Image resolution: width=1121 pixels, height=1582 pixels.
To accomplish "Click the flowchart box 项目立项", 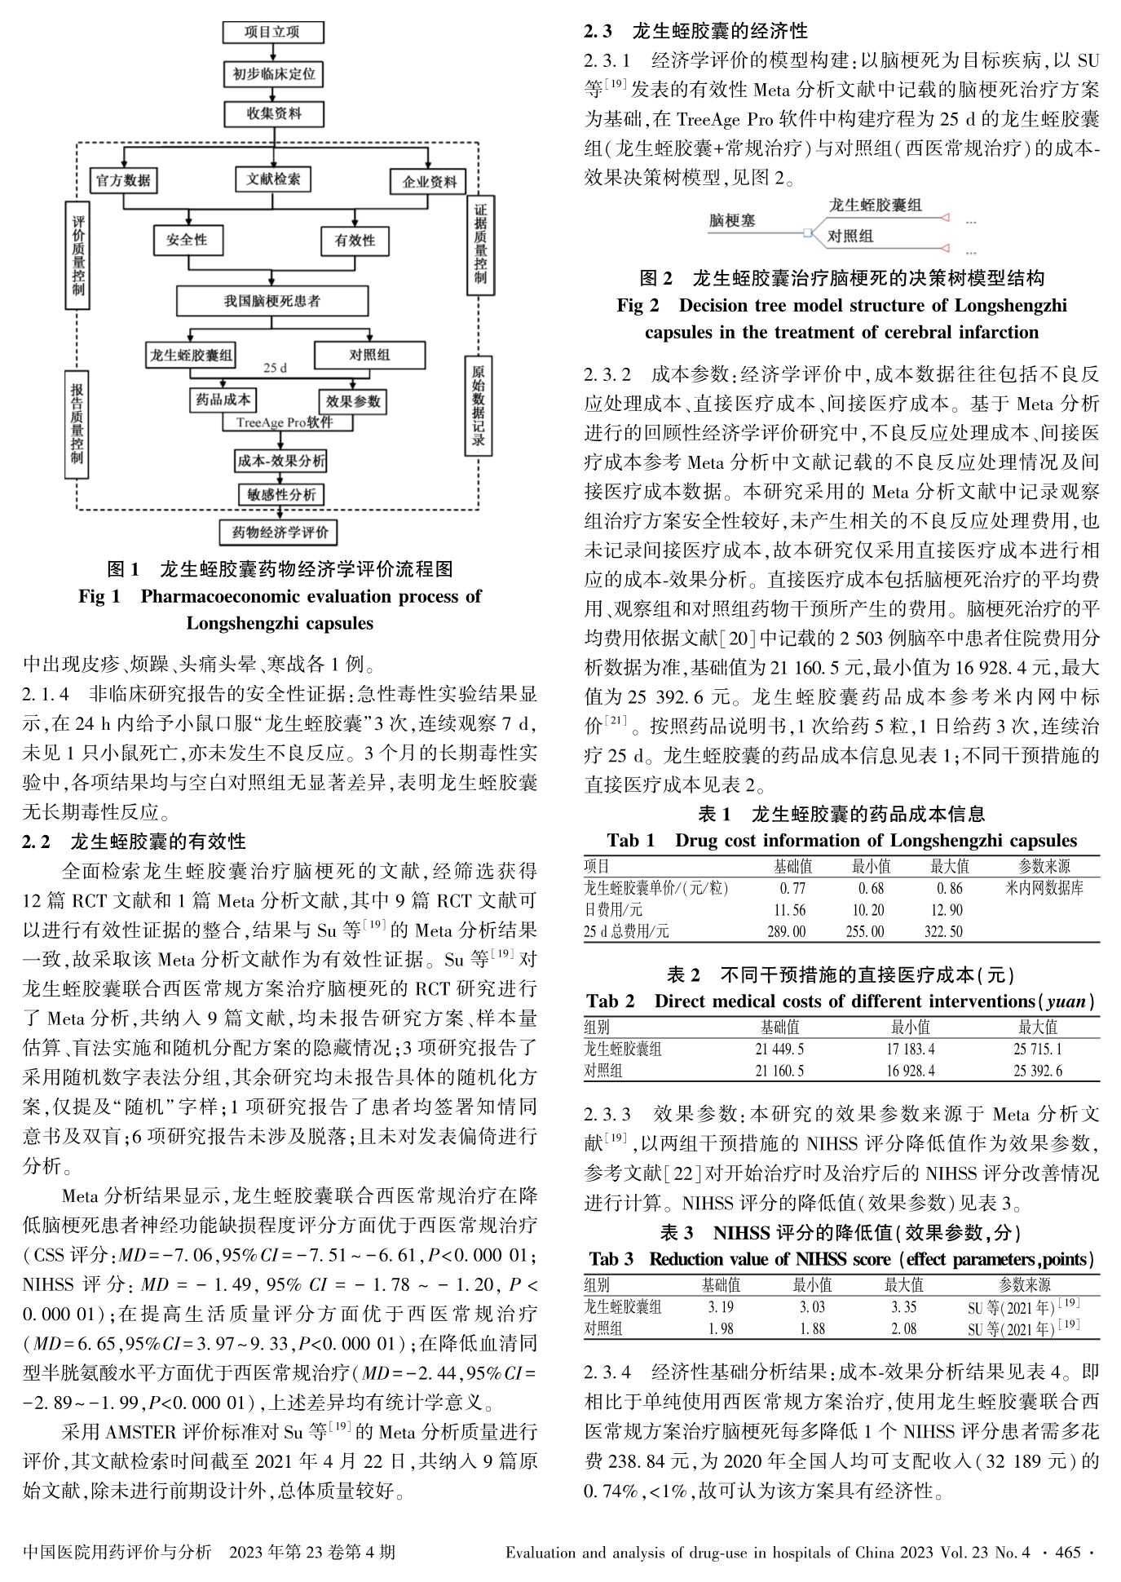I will pos(272,32).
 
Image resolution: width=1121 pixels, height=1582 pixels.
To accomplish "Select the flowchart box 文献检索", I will pos(273,179).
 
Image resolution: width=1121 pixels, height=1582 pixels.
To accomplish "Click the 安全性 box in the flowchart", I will pos(188,240).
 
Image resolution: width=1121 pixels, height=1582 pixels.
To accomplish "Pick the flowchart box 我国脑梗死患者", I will pos(273,301).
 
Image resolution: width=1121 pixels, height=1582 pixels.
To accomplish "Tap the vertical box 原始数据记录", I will pos(479,406).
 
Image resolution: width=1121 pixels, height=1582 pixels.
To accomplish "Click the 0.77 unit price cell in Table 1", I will pos(792,888).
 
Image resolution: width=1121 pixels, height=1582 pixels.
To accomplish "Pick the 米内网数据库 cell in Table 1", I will pos(1044,888).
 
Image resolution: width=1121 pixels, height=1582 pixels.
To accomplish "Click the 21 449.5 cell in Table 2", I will pos(780,1050).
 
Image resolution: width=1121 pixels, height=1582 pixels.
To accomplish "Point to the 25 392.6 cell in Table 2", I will pos(1038,1071).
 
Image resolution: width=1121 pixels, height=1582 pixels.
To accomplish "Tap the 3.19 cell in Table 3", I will pos(722,1306).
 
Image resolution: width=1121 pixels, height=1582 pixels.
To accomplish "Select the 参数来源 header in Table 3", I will pos(1024,1285).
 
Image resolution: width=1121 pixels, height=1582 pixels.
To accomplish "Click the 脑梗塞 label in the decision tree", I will pos(731,221).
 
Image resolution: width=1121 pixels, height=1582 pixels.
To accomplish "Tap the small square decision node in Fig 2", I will pos(807,234).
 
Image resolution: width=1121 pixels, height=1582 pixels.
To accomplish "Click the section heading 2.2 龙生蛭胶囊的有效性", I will pos(135,841).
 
